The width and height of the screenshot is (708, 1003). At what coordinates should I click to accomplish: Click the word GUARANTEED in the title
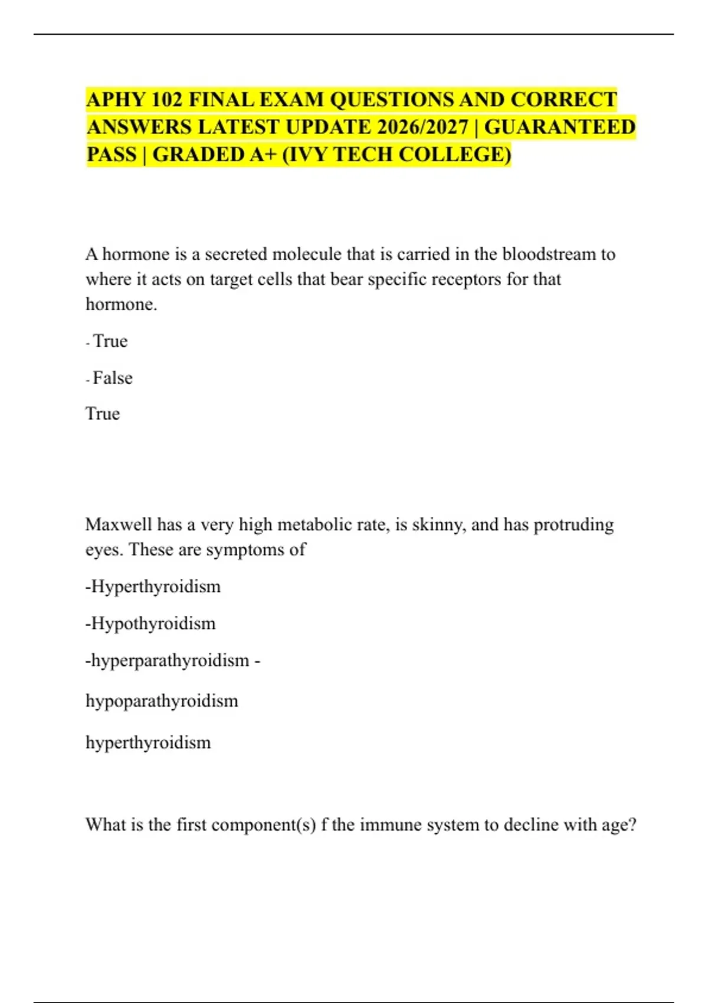click(x=560, y=127)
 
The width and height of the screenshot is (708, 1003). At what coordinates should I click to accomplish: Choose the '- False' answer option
click(x=110, y=378)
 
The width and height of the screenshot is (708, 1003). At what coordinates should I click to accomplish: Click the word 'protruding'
click(x=573, y=525)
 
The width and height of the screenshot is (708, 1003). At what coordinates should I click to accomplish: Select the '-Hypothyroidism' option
click(x=151, y=624)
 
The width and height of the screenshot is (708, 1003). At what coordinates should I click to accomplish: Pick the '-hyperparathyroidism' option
click(x=168, y=660)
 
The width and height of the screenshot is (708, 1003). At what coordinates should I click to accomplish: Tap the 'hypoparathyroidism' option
click(x=162, y=701)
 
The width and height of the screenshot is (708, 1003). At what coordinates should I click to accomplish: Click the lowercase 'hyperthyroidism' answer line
click(x=148, y=742)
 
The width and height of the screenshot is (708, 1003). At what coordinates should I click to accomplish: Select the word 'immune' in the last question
click(x=385, y=824)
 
